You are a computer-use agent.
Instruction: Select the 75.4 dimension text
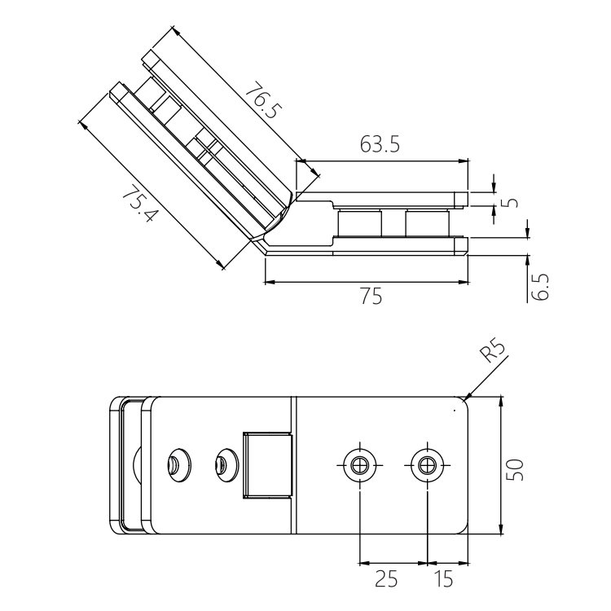(138, 206)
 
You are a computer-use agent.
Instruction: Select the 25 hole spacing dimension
(385, 579)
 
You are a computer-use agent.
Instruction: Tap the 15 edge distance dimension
(445, 579)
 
